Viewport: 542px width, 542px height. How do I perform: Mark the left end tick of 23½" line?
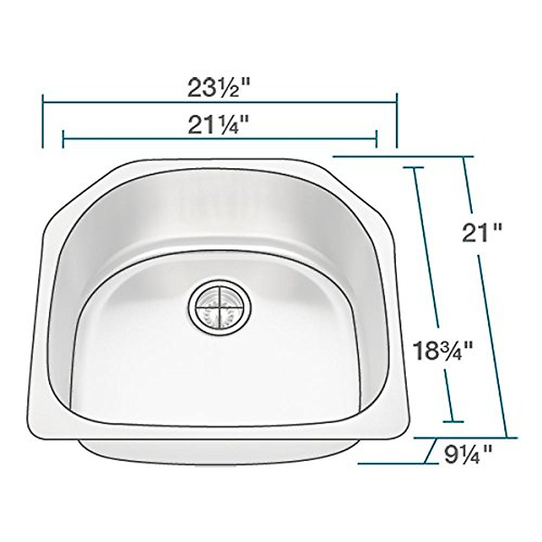coord(42,121)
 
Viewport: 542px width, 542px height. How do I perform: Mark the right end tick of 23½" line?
coord(397,121)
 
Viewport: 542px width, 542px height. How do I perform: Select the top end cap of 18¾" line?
coord(413,168)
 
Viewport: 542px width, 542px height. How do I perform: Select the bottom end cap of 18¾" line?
coord(453,422)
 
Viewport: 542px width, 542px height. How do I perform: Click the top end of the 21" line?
coord(463,157)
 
